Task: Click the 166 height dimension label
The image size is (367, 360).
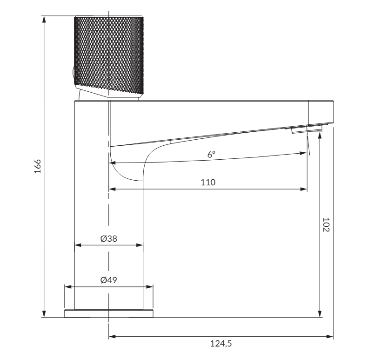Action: click(x=38, y=166)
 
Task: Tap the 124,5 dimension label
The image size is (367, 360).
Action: click(x=221, y=344)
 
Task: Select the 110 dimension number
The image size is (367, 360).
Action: click(x=208, y=183)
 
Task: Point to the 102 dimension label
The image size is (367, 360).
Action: click(x=326, y=225)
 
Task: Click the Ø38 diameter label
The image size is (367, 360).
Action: click(x=108, y=239)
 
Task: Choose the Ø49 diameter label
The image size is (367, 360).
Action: click(x=108, y=280)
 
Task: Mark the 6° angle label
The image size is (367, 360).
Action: click(x=211, y=154)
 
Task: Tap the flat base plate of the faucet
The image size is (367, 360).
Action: click(x=109, y=313)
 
